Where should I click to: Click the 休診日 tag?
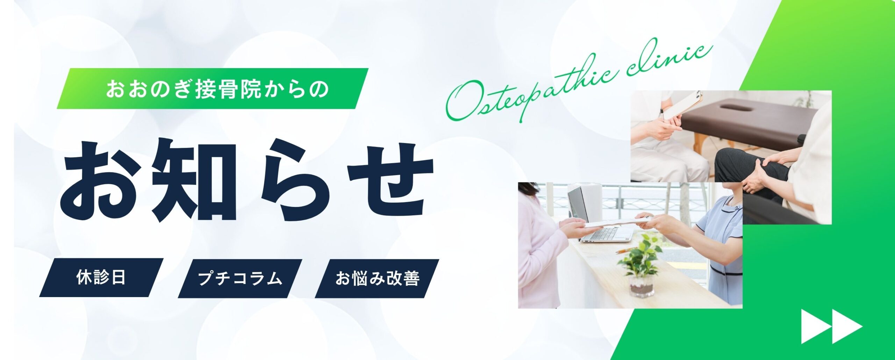coord(101,278)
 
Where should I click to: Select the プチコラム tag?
coord(240,279)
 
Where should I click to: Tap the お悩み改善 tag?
coord(377,279)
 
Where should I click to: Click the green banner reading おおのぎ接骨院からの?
coord(213,89)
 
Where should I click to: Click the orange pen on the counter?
coord(626,250)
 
